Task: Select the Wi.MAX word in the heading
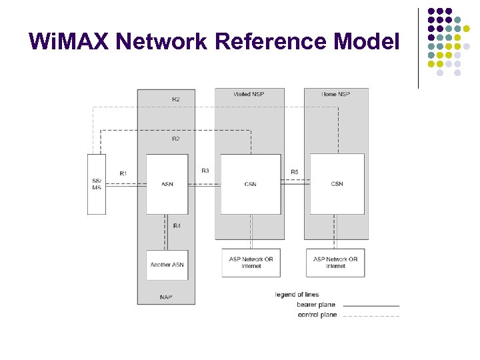[69, 41]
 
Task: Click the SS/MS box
[97, 184]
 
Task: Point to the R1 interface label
[123, 173]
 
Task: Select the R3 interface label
[205, 171]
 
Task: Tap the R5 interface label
[295, 172]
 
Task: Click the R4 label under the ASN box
[177, 227]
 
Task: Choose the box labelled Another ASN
[167, 265]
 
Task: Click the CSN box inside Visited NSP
[251, 184]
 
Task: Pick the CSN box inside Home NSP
[337, 184]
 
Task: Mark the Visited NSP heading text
[249, 94]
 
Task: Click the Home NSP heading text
[335, 94]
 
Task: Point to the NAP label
[165, 297]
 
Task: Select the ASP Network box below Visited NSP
[251, 263]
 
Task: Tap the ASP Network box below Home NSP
[335, 263]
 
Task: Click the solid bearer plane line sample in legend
[371, 305]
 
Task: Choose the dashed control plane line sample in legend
[371, 315]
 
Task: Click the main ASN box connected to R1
[167, 184]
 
